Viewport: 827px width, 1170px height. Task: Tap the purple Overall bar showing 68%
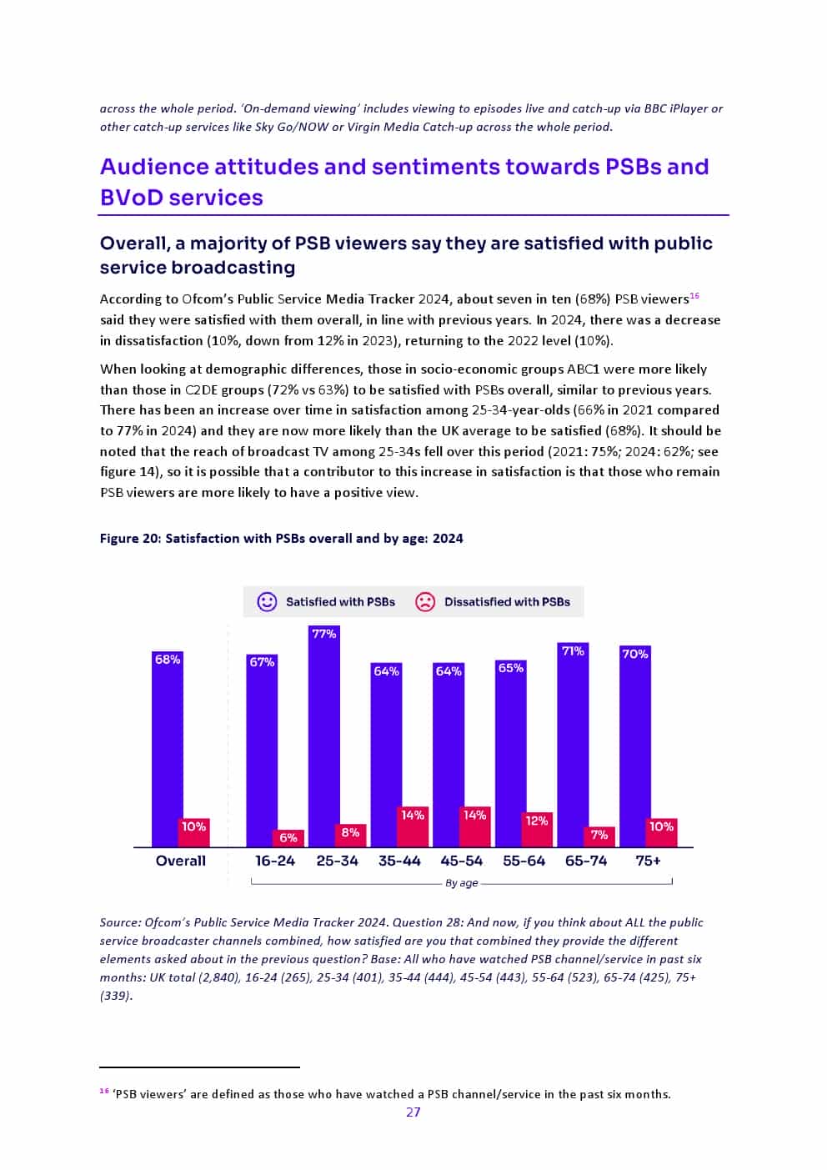167,751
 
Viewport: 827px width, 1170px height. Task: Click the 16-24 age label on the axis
275,861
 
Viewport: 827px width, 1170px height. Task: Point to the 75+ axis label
648,861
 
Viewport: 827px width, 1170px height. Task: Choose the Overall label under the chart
180,861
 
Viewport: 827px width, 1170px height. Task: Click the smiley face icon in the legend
267,601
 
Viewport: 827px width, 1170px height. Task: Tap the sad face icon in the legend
425,601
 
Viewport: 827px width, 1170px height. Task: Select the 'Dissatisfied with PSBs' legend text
507,601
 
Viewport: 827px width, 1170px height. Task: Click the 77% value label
323,634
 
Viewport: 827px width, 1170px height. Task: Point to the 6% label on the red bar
288,837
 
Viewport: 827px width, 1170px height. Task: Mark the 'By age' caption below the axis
461,882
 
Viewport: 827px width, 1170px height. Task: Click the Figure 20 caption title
281,538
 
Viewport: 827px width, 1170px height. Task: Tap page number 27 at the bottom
413,1112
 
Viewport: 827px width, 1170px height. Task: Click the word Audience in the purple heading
153,167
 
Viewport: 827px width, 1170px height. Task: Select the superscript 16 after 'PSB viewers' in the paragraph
694,295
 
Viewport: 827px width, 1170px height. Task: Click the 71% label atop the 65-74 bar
573,650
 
